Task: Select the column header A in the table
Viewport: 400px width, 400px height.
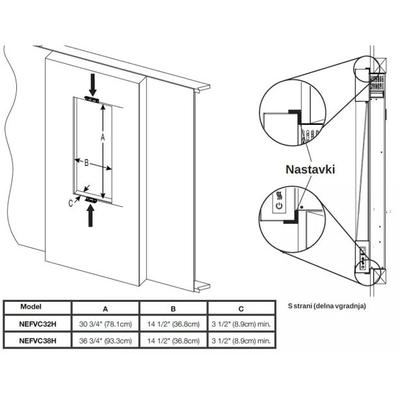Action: pyautogui.click(x=105, y=308)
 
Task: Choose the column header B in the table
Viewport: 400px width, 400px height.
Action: pyautogui.click(x=173, y=308)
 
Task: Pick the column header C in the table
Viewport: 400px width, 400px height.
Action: pyautogui.click(x=241, y=308)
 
